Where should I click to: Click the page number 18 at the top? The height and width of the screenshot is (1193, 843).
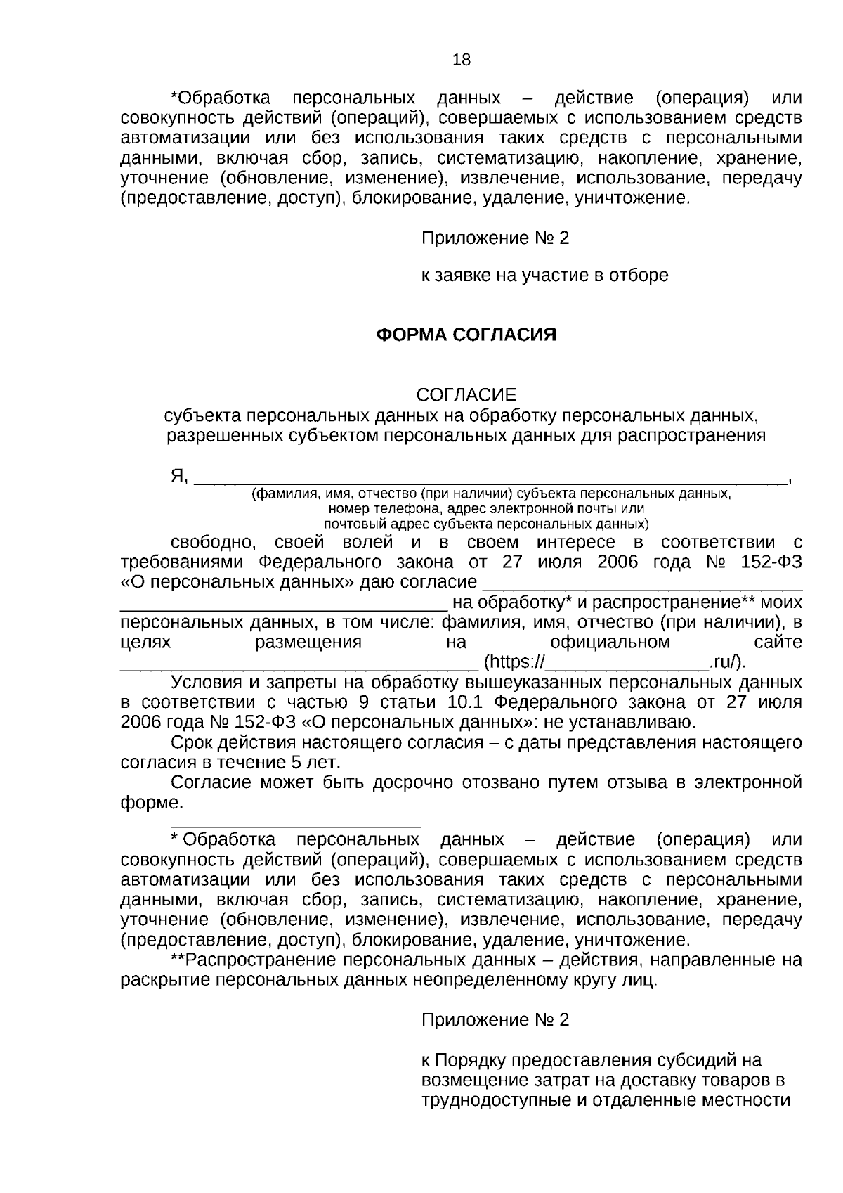(x=462, y=60)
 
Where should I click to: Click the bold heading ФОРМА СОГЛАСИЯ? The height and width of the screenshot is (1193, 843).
(x=467, y=335)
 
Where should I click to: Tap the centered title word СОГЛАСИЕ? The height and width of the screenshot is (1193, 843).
(x=466, y=394)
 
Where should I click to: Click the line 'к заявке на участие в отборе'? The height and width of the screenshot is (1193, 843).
(x=544, y=276)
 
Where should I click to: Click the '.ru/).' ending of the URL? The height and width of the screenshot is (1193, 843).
(x=728, y=662)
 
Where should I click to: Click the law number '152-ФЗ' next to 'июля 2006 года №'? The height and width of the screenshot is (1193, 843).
(x=771, y=562)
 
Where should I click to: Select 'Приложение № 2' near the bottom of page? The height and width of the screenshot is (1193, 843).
(x=495, y=1020)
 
